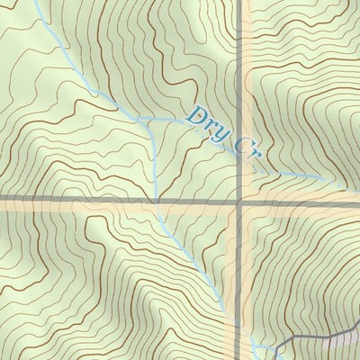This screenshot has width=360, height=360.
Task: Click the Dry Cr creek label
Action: (223, 134)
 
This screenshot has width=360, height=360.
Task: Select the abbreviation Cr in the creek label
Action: (245, 148)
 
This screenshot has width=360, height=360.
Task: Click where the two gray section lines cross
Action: (240, 202)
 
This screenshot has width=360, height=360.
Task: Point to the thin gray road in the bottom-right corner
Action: (306, 338)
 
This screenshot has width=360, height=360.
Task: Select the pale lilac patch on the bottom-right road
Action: (340, 342)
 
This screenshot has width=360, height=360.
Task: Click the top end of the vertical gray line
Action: (240, 2)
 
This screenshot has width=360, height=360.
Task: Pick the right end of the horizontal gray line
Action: (357, 204)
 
